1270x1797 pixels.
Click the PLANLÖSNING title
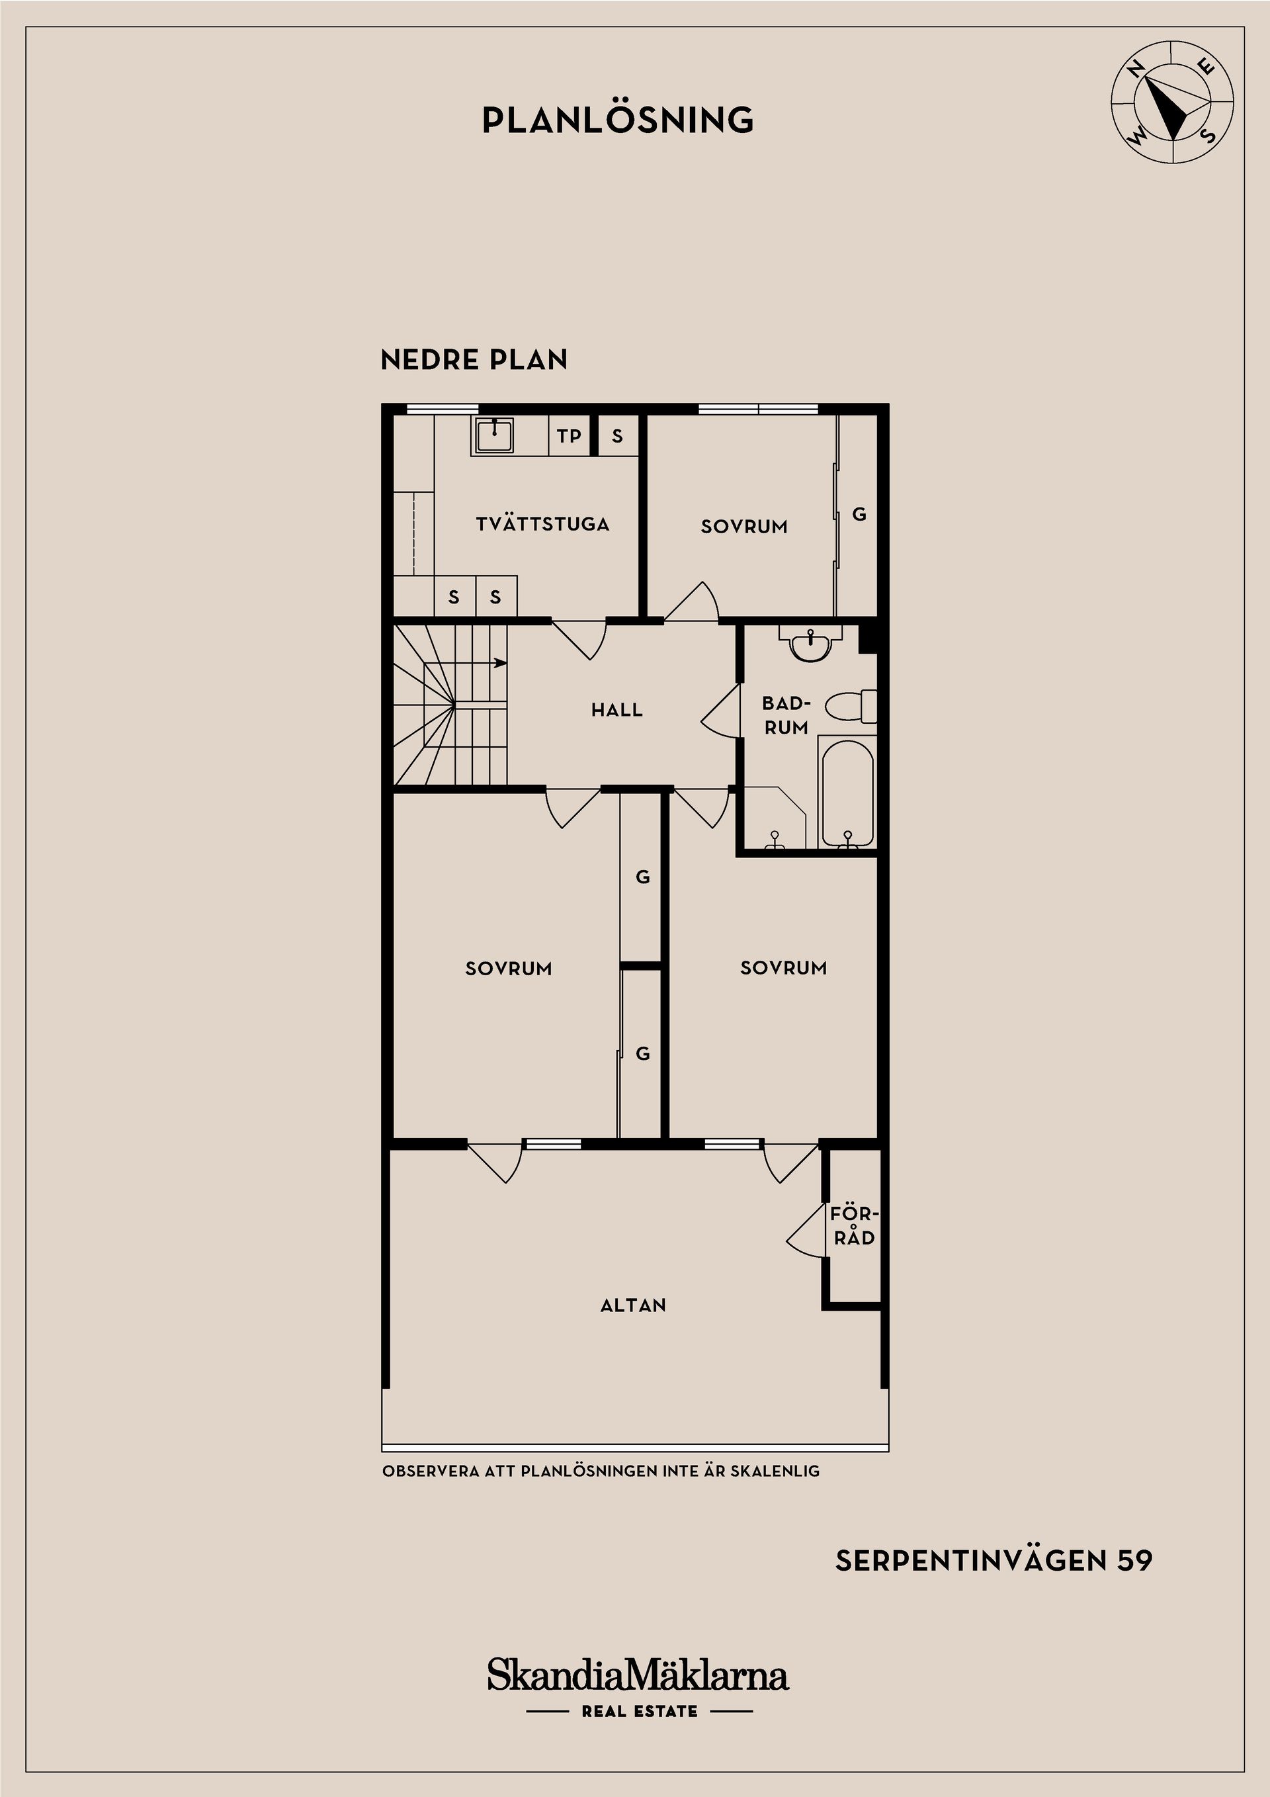pos(617,120)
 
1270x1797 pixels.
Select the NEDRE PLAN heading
pos(474,360)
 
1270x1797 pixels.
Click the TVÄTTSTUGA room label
pos(542,523)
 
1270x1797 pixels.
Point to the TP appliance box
pos(569,435)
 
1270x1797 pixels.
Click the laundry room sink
pos(493,435)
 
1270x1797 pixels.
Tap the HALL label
pos(616,710)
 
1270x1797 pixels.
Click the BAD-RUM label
pos(786,715)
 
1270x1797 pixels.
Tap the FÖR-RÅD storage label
pos(855,1225)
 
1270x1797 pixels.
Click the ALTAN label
pos(633,1305)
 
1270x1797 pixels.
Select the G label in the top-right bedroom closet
pos(859,514)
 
